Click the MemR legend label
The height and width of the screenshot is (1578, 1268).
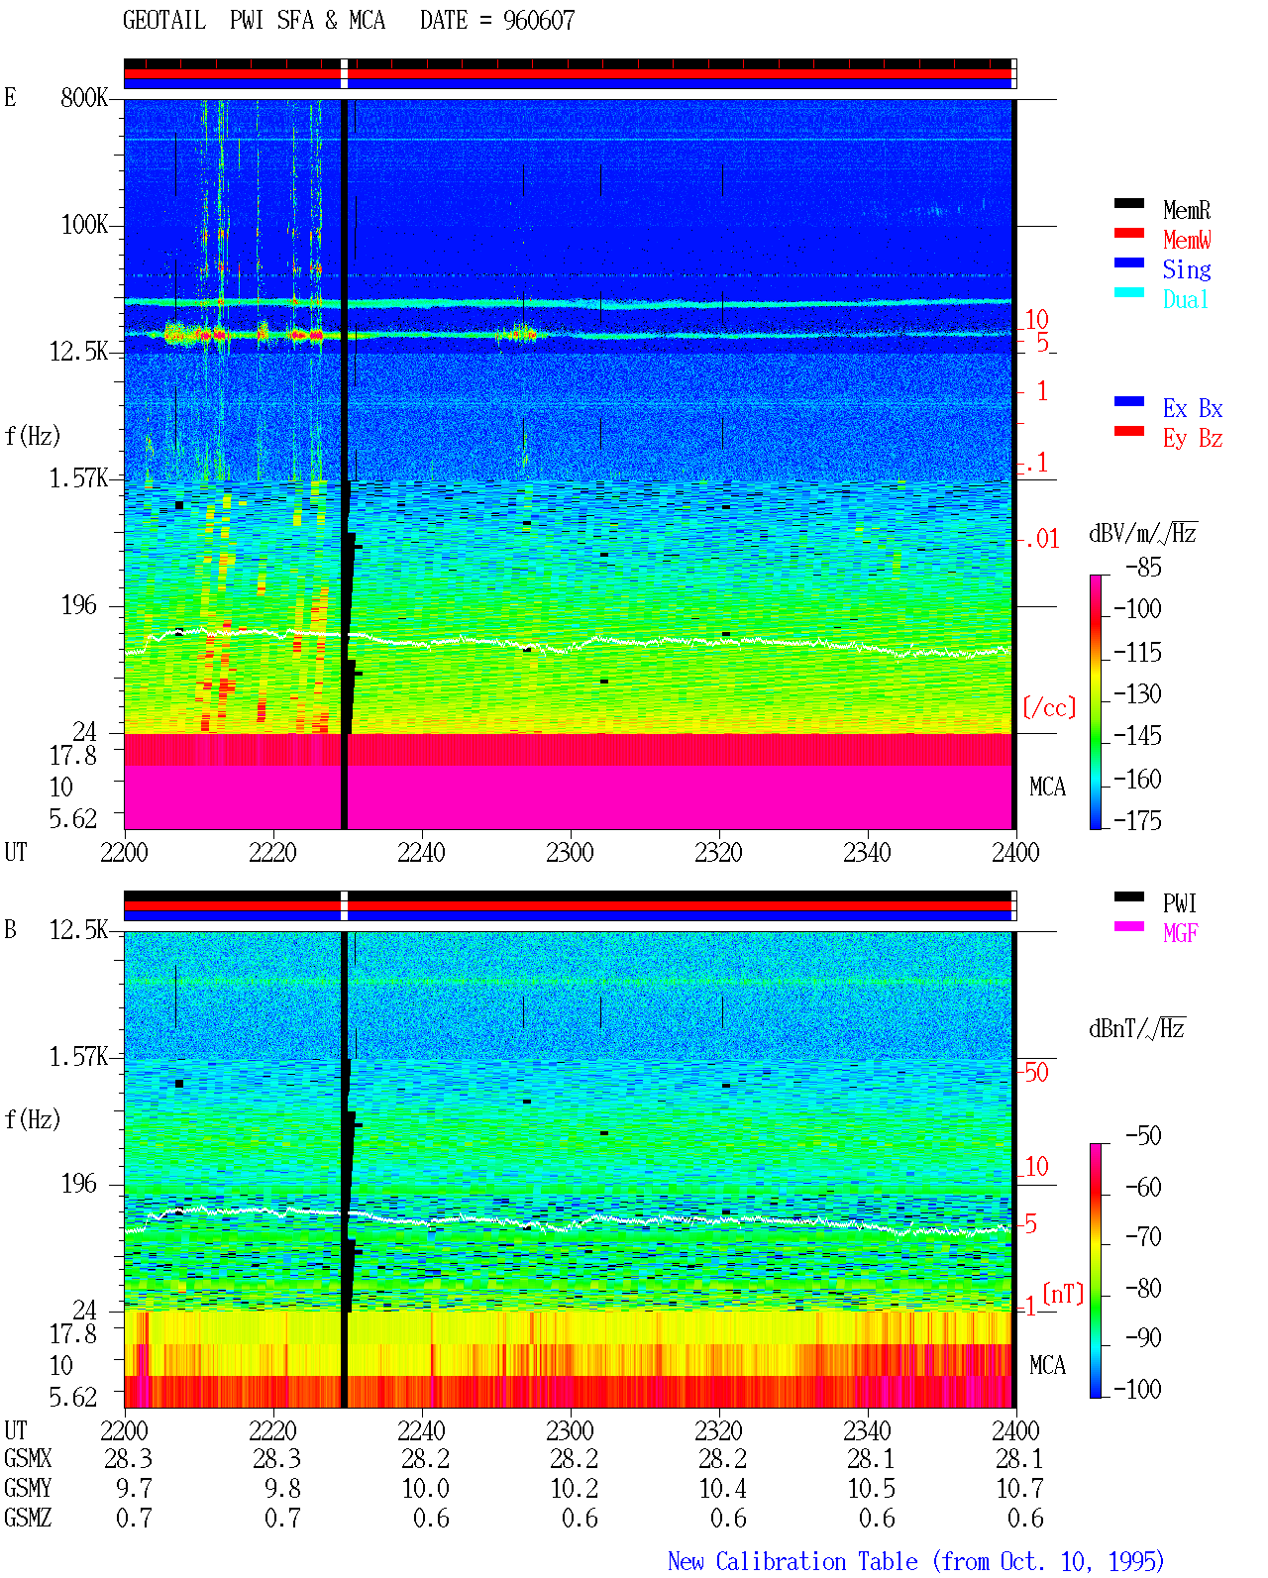[1186, 210]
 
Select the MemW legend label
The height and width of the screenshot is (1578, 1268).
[1187, 240]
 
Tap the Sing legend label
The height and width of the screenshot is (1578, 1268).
[1186, 269]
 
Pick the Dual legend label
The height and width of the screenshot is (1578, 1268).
[1185, 299]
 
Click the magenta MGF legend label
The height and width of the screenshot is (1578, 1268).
[1180, 933]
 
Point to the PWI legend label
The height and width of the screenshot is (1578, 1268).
[1179, 903]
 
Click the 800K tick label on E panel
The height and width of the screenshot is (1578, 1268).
[84, 97]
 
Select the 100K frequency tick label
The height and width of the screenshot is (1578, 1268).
[84, 225]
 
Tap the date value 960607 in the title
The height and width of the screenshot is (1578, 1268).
[539, 21]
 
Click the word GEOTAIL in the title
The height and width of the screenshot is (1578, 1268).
[164, 21]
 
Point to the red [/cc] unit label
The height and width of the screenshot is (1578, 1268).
[1049, 707]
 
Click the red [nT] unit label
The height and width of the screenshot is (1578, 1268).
[1063, 1293]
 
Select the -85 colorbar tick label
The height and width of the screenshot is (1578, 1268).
[1143, 567]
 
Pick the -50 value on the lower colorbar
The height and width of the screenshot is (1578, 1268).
[1143, 1135]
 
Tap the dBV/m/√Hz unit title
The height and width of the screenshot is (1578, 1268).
[1142, 533]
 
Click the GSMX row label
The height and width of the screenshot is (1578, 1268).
[28, 1458]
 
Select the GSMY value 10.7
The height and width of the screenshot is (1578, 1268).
[1019, 1488]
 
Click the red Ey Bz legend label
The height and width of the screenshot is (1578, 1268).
[1193, 439]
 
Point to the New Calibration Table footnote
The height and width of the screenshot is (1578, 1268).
[916, 1561]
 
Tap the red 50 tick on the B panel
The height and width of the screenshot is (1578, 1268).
[1036, 1072]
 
